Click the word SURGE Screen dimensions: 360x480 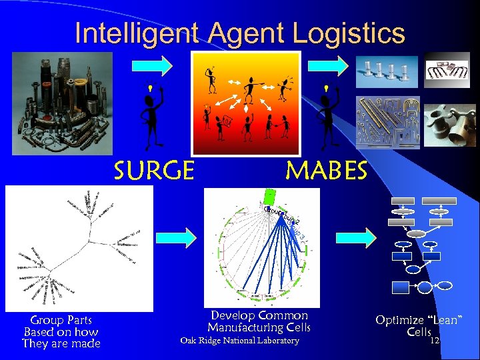point(154,171)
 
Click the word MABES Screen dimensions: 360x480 point(326,171)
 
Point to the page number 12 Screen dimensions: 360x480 point(435,341)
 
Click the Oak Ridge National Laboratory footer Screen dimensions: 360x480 point(240,341)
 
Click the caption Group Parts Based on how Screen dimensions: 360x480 point(61,326)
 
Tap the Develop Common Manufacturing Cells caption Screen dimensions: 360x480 point(259,321)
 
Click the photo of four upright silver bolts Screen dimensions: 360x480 point(386,71)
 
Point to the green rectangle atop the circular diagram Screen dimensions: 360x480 point(271,197)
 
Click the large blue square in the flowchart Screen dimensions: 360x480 point(401,287)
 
